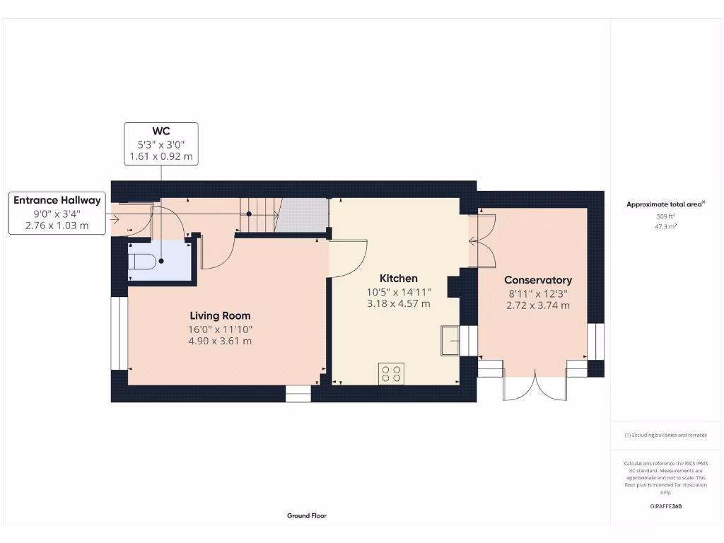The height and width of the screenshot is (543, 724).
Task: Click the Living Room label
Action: (x=220, y=315)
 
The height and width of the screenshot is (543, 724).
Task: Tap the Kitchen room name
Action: (x=398, y=278)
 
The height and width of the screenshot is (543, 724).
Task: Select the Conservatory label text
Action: (x=538, y=280)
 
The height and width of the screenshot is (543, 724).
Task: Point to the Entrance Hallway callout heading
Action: (x=57, y=200)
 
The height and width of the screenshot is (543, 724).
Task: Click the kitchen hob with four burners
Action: (x=392, y=373)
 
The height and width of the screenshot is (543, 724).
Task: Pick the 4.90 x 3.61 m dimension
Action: (x=220, y=341)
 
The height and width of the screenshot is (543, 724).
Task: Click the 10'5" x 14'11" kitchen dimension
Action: (x=398, y=292)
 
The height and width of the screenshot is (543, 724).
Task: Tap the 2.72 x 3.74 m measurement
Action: (x=538, y=305)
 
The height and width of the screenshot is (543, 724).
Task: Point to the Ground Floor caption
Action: (x=307, y=515)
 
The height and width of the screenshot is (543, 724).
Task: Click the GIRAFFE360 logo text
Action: (x=665, y=506)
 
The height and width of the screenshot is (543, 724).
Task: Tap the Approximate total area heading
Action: (x=665, y=204)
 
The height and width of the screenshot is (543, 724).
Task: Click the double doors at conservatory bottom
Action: (x=535, y=385)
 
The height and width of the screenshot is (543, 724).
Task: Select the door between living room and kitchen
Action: (x=346, y=259)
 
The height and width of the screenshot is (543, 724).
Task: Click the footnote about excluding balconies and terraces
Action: (x=665, y=435)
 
